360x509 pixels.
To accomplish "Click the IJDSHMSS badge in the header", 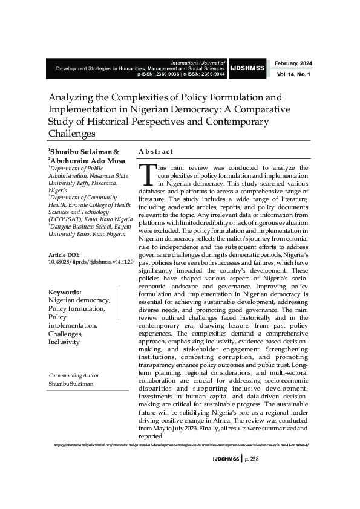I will point(247,68).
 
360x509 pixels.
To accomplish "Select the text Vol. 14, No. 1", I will point(293,74).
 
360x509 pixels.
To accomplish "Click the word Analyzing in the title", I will point(72,97).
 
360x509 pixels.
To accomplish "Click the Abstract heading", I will point(155,151).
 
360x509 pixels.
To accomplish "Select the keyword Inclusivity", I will point(64,342).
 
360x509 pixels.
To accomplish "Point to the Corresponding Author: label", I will point(74,375).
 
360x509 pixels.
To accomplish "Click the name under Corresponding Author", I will point(71,384).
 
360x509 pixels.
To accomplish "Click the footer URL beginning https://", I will point(181,444).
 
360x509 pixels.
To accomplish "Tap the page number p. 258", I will point(251,459).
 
